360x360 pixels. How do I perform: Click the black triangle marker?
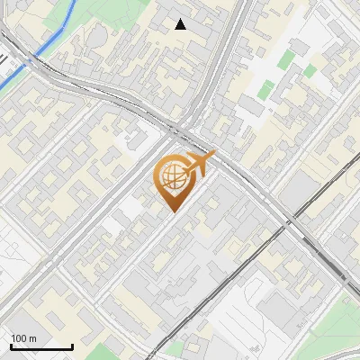181,24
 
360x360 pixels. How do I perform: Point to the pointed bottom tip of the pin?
172,212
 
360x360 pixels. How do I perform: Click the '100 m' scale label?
24,337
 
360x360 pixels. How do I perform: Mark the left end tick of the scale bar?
12,346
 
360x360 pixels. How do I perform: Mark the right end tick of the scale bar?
72,346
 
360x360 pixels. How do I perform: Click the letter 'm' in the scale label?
33,337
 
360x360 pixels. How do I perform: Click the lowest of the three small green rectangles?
266,90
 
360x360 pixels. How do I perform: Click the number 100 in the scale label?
20,337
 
